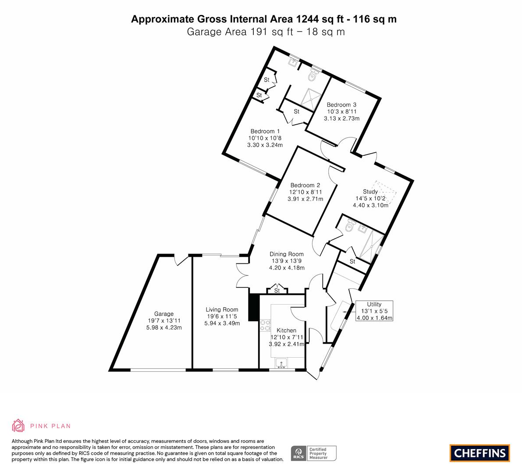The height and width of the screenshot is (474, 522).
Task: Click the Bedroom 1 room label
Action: (x=265, y=131)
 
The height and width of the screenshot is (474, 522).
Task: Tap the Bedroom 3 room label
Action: (x=341, y=104)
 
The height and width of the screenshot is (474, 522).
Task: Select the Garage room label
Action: (x=164, y=314)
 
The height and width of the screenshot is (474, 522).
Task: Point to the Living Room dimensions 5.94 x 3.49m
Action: (x=222, y=323)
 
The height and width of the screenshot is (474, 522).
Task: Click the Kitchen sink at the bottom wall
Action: (x=281, y=363)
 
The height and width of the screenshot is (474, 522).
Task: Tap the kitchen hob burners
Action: (x=265, y=325)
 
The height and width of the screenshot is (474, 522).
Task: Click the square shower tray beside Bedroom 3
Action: (x=311, y=99)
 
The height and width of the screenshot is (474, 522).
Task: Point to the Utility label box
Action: (x=374, y=311)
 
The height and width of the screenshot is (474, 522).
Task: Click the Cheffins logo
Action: (x=480, y=453)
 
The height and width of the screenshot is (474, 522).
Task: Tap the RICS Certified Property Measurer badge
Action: (x=314, y=453)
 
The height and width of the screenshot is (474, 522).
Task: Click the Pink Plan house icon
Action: (x=18, y=425)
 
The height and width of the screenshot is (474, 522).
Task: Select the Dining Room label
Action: (x=287, y=254)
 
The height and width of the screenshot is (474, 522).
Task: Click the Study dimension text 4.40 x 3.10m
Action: (x=370, y=205)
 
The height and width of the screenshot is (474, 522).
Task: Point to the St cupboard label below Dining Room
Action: (x=277, y=291)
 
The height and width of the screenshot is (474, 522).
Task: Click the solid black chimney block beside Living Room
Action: (x=254, y=307)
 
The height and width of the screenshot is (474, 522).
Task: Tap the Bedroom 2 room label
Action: (x=305, y=185)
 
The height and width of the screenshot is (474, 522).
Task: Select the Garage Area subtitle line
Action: (x=266, y=32)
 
